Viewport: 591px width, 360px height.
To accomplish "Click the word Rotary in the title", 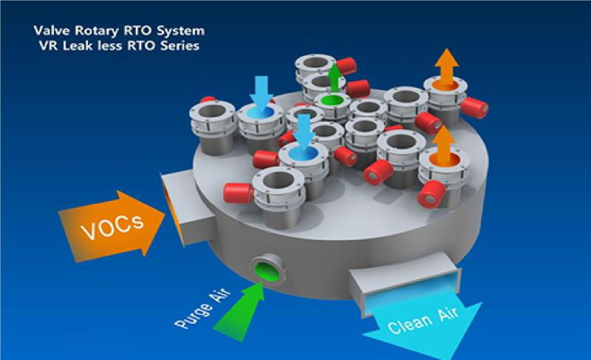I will point(88,32).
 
